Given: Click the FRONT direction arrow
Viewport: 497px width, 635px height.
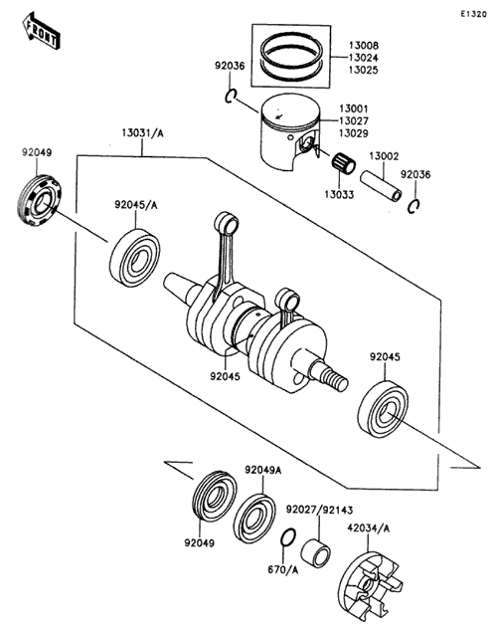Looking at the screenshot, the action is pyautogui.click(x=41, y=31).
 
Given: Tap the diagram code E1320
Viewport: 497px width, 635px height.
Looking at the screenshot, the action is pyautogui.click(x=473, y=14).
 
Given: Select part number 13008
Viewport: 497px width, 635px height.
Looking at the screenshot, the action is pyautogui.click(x=364, y=46).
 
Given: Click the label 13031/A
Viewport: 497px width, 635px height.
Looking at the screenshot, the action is pyautogui.click(x=143, y=132).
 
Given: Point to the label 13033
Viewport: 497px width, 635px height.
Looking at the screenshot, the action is pyautogui.click(x=339, y=195).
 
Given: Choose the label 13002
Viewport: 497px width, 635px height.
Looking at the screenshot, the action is pyautogui.click(x=384, y=156).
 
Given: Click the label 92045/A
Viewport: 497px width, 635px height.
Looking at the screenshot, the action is pyautogui.click(x=136, y=205).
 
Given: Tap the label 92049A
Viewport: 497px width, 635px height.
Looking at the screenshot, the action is pyautogui.click(x=262, y=470).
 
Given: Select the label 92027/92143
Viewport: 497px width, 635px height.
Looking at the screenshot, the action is pyautogui.click(x=319, y=510).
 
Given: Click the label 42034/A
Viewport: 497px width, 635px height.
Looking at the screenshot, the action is pyautogui.click(x=369, y=529).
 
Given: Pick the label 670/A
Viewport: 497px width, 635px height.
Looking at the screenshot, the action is pyautogui.click(x=282, y=570).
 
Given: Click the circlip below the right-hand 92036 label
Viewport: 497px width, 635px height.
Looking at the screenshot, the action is pyautogui.click(x=414, y=206).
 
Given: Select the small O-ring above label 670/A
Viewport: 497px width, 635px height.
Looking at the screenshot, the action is pyautogui.click(x=287, y=537).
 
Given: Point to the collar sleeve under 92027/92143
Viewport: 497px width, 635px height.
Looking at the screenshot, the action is pyautogui.click(x=316, y=552).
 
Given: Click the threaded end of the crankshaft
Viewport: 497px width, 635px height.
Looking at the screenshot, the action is pyautogui.click(x=336, y=380).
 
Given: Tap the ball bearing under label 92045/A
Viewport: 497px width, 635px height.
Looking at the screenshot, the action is pyautogui.click(x=134, y=258).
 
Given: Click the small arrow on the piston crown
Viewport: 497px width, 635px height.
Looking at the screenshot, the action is pyautogui.click(x=277, y=115).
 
